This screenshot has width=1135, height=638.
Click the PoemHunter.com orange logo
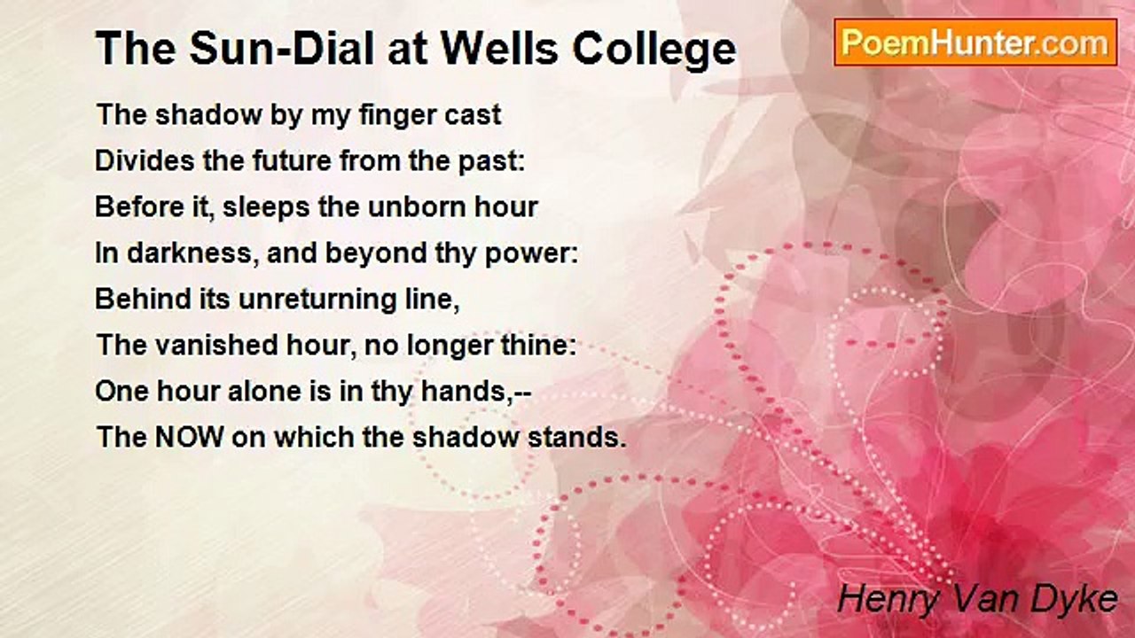[975, 43]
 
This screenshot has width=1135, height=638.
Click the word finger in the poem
[389, 116]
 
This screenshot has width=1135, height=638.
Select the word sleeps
[265, 208]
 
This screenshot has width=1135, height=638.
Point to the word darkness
[189, 253]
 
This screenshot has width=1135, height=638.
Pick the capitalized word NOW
[190, 437]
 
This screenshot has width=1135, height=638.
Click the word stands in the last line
[573, 437]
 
